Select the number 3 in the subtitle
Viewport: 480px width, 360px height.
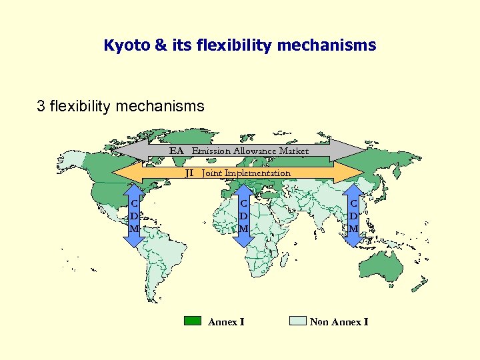[x=41, y=105]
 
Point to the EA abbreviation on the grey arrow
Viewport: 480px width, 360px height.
[x=176, y=151]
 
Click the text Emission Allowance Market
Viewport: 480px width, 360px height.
[x=250, y=151]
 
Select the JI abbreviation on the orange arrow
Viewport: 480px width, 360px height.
[x=189, y=173]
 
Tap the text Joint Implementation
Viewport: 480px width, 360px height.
[x=246, y=173]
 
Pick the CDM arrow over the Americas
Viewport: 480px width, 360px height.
[x=135, y=215]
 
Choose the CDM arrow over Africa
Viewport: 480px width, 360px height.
[x=244, y=215]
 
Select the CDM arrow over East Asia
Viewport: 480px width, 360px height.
[x=354, y=215]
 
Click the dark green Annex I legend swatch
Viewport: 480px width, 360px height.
[x=192, y=321]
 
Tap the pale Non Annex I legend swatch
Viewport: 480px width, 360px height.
[x=297, y=321]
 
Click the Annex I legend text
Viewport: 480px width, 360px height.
[x=226, y=322]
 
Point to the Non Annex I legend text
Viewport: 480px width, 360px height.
[x=339, y=322]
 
